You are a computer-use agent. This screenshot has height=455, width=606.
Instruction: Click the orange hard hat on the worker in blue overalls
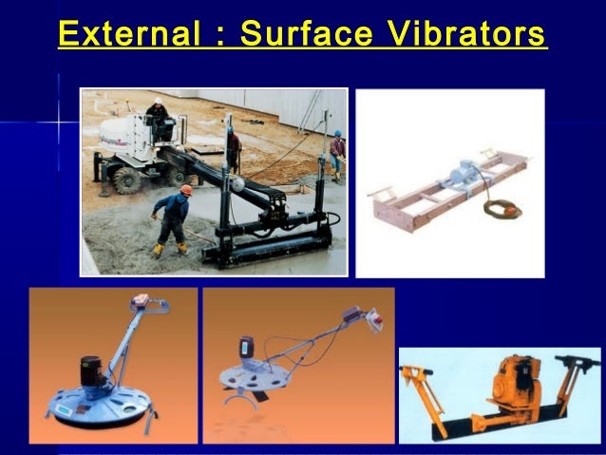click(x=186, y=190)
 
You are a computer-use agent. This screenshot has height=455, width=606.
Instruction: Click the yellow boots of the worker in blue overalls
click(x=168, y=249)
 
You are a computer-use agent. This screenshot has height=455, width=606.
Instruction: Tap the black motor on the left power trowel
click(x=93, y=372)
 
